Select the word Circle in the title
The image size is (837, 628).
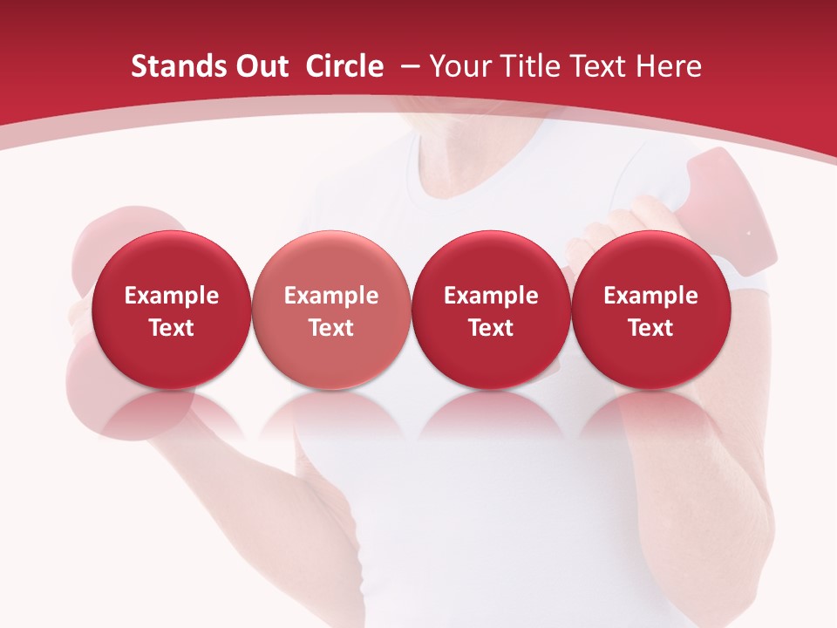click(344, 66)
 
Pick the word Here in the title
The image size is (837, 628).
click(668, 66)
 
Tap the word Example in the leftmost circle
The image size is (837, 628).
click(172, 296)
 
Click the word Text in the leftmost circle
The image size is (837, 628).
click(172, 328)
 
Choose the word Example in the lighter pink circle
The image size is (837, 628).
click(331, 296)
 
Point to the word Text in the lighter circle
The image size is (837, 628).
click(331, 328)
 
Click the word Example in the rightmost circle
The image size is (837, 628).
click(651, 296)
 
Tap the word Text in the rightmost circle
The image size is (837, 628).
click(651, 328)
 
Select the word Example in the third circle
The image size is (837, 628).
click(491, 296)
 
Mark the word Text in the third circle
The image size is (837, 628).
click(491, 328)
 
